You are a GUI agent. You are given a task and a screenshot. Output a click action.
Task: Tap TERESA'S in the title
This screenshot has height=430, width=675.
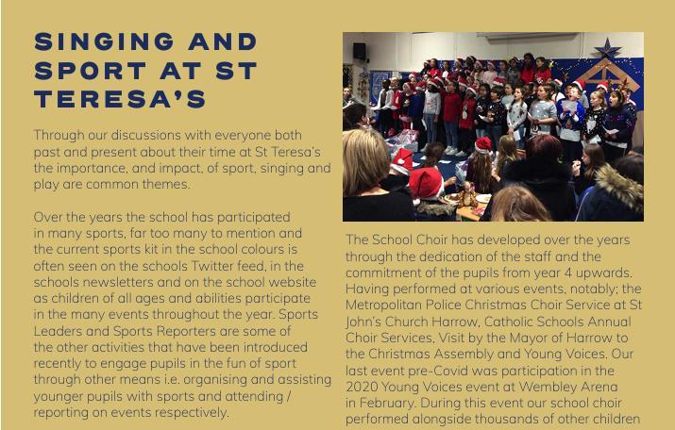pos(119,99)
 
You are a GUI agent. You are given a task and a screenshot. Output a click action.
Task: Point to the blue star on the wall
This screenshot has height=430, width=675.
pos(604,48)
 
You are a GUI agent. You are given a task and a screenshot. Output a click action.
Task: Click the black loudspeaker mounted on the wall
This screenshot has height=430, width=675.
pos(360,51)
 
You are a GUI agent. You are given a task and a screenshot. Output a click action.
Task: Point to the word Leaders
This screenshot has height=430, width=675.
pos(61,330)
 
